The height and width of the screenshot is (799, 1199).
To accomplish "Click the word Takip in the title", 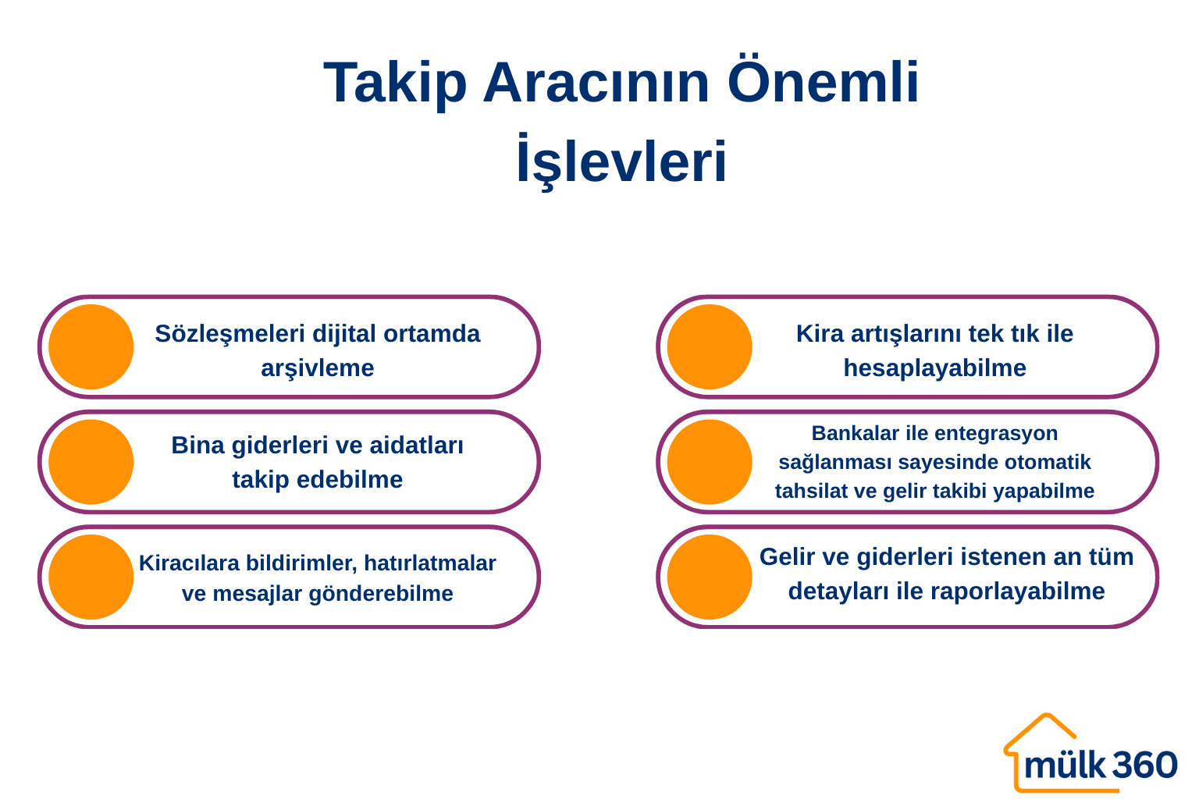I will (x=395, y=83).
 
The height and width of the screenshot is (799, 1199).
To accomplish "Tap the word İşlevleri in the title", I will (x=621, y=162).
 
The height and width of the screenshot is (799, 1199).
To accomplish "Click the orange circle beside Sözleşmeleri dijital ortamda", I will (x=91, y=346).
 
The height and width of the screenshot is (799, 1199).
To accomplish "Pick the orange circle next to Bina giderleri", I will (x=91, y=462).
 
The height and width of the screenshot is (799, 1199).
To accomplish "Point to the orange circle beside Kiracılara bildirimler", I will (x=91, y=577).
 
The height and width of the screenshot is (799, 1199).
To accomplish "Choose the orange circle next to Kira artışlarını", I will (x=710, y=346).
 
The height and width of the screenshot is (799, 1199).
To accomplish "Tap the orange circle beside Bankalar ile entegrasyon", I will (x=710, y=462).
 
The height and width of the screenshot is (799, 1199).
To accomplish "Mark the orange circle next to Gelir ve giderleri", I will (x=710, y=577).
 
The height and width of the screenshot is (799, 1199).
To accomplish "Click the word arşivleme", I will (x=317, y=368).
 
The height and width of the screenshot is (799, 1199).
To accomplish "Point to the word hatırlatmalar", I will (x=429, y=563).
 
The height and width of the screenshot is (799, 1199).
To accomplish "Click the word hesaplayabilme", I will (x=934, y=368).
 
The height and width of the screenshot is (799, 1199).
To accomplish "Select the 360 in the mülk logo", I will (x=1144, y=765).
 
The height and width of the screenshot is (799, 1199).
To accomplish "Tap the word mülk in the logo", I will (x=1065, y=765).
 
